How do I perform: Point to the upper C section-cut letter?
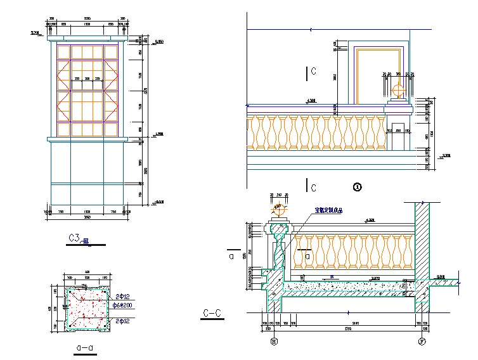[313, 71]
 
